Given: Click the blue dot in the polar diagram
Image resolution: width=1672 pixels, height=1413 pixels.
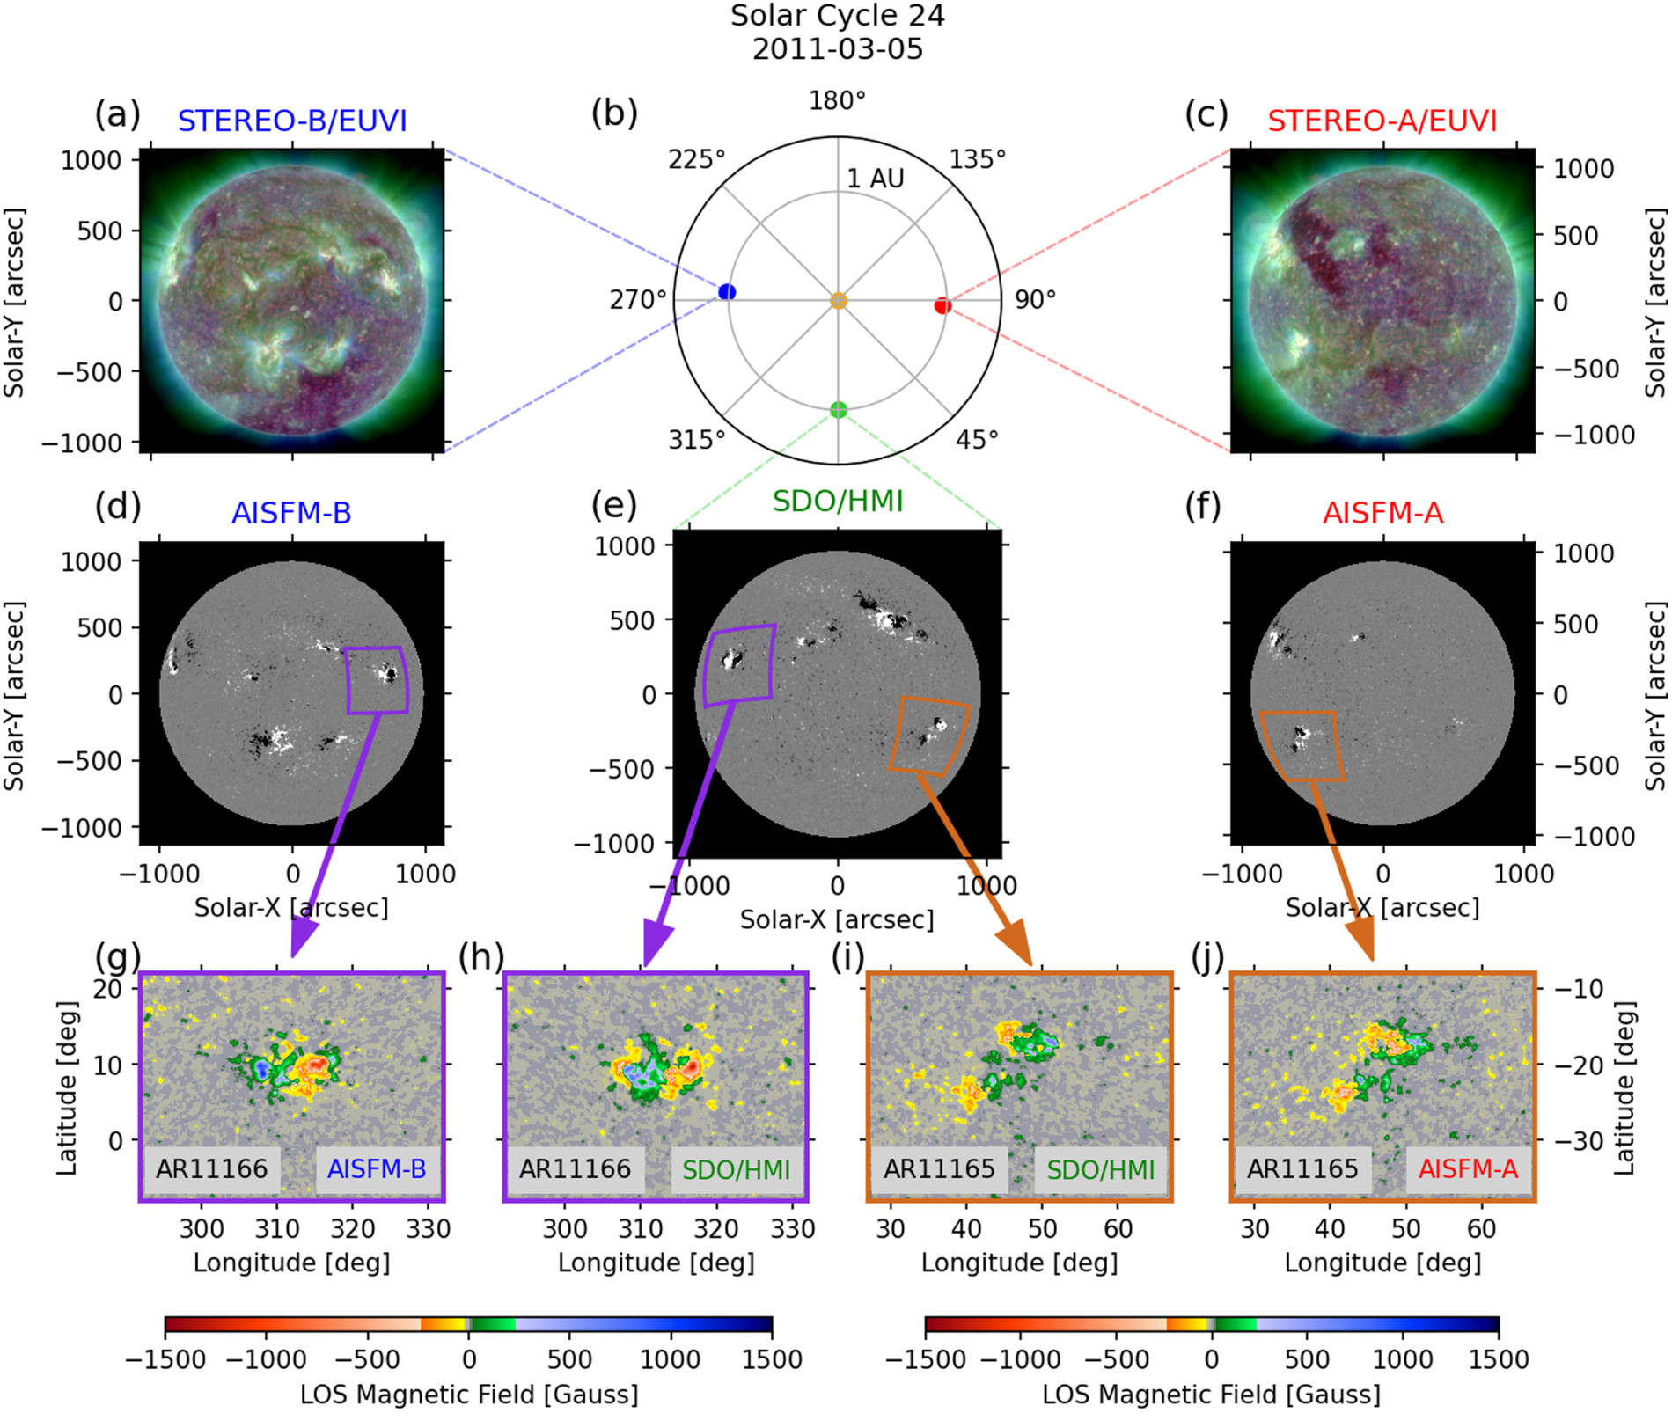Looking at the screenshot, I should point(727,292).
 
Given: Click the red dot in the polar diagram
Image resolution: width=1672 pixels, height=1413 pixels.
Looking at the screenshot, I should point(942,306).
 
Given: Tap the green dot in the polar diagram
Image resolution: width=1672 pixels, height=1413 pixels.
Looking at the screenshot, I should point(838,409).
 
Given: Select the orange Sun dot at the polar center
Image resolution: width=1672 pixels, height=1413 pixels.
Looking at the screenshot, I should point(838,301).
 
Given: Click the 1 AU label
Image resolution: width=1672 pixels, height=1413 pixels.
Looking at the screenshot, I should point(876,179).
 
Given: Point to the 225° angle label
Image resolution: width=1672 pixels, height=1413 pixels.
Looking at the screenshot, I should point(697,159).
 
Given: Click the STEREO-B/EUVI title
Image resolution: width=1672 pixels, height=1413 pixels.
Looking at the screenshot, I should point(292,121).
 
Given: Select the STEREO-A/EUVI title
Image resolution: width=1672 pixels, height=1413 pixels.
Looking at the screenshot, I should point(1382,121).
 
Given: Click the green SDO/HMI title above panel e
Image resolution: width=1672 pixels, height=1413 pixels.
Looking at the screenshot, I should point(838,502).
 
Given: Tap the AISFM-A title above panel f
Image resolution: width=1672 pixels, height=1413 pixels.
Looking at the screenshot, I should point(1382,513).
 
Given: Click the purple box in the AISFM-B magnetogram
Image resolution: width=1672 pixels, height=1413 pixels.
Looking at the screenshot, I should point(377,680).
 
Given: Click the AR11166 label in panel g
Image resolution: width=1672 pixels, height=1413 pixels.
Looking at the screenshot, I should point(212,1169).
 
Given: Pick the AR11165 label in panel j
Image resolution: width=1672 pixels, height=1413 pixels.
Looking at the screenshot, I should point(1302,1169).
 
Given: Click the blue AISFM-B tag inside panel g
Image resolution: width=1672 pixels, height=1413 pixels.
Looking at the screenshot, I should point(377,1169).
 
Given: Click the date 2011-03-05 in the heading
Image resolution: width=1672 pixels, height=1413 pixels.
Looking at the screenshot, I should point(838,48).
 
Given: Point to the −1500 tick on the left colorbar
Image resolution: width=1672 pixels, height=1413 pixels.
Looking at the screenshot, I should point(165,1359).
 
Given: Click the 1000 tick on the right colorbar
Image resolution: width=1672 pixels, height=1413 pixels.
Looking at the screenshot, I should point(1403,1359).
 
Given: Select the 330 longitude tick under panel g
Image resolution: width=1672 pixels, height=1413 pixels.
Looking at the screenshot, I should point(429,1228).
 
